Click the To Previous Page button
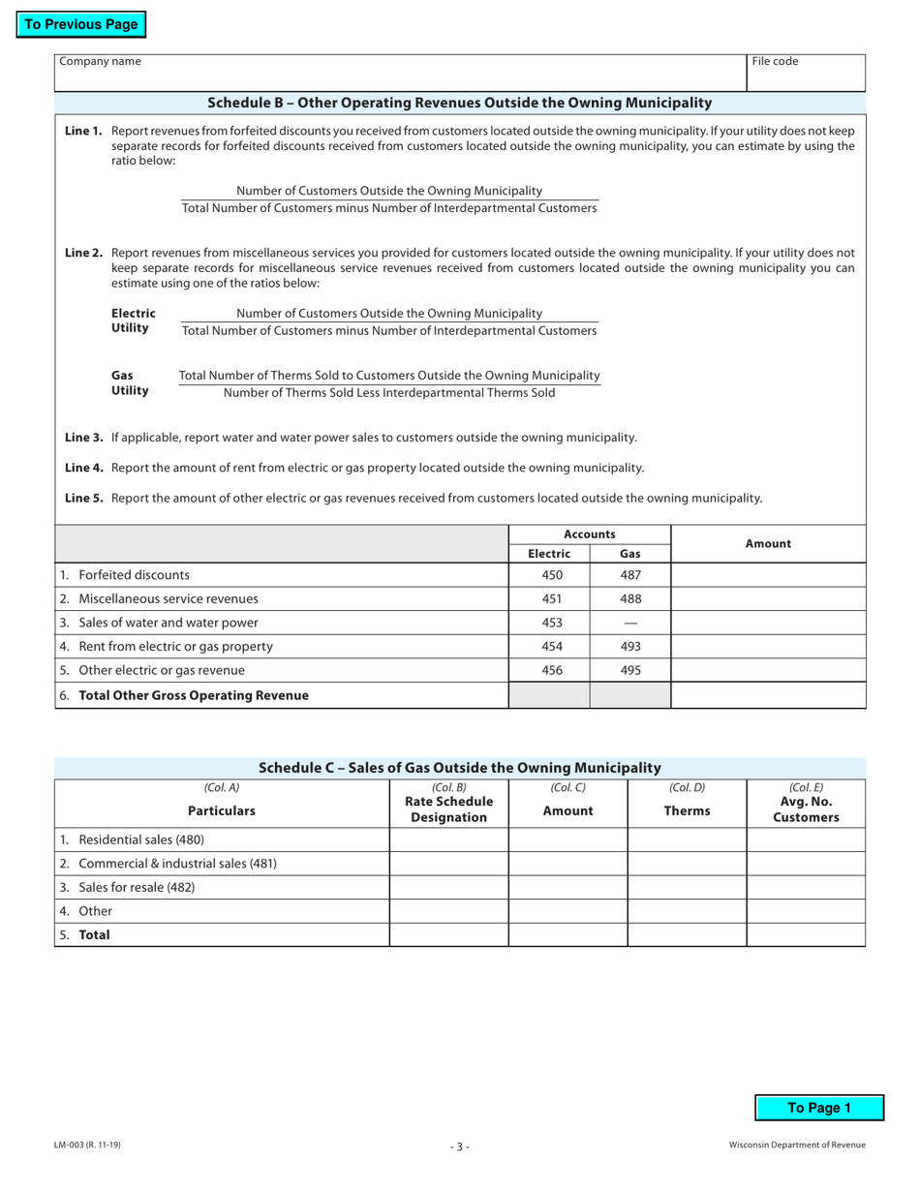(x=80, y=25)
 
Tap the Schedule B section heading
(x=460, y=103)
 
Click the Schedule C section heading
(x=460, y=767)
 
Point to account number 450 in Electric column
(x=551, y=574)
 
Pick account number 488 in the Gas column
(x=630, y=598)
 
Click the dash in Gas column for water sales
(x=630, y=623)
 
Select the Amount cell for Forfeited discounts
(x=768, y=574)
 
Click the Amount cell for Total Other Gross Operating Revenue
(x=768, y=695)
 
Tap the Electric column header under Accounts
(x=549, y=554)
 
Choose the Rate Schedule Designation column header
(x=448, y=809)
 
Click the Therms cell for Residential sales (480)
(x=687, y=840)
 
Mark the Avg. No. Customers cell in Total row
(x=806, y=934)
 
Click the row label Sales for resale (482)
(x=137, y=887)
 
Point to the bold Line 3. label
(x=83, y=437)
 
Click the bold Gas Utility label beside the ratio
(x=130, y=382)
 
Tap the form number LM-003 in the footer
(x=87, y=1145)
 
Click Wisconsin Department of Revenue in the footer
(x=797, y=1145)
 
